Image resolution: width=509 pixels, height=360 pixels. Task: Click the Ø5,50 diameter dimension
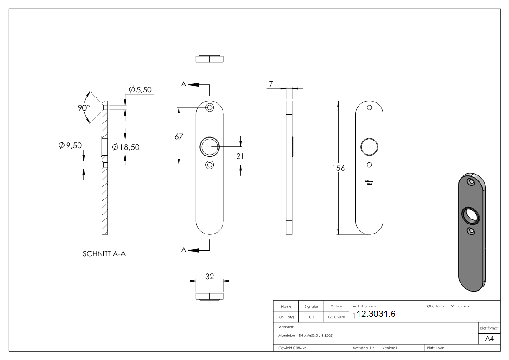[x=141, y=90]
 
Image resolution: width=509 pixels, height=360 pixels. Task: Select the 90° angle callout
[x=83, y=108]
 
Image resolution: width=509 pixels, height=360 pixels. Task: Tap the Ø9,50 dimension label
[x=70, y=146]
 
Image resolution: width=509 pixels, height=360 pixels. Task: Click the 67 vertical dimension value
[x=179, y=137]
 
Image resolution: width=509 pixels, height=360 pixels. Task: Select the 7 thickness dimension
[x=271, y=84]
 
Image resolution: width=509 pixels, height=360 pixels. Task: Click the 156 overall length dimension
[x=339, y=168]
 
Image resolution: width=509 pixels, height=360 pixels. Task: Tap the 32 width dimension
[x=209, y=277]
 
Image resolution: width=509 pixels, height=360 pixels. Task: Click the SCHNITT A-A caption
[x=104, y=254]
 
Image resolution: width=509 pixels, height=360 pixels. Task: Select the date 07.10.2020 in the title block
[x=336, y=317]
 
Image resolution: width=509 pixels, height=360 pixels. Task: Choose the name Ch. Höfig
[x=286, y=317]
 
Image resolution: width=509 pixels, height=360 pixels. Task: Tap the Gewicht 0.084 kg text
[x=293, y=348]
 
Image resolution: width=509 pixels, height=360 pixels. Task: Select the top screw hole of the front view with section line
[x=209, y=108]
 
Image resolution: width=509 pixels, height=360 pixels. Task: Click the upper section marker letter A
[x=184, y=84]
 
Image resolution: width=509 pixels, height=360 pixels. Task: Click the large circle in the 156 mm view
[x=369, y=147]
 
